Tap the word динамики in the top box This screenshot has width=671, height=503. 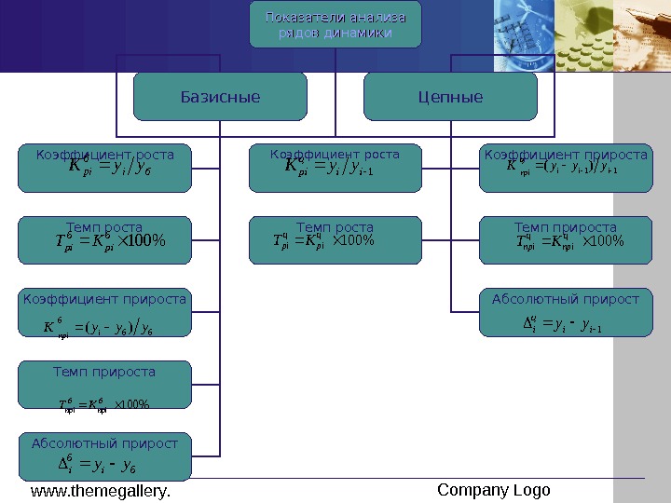pos(358,34)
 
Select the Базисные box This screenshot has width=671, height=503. pos(220,97)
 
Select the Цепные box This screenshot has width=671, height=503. pos(450,97)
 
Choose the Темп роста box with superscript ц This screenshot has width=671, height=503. pos(335,238)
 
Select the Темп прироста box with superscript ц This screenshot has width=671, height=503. pos(566,238)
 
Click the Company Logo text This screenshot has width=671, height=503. pos(494,490)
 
